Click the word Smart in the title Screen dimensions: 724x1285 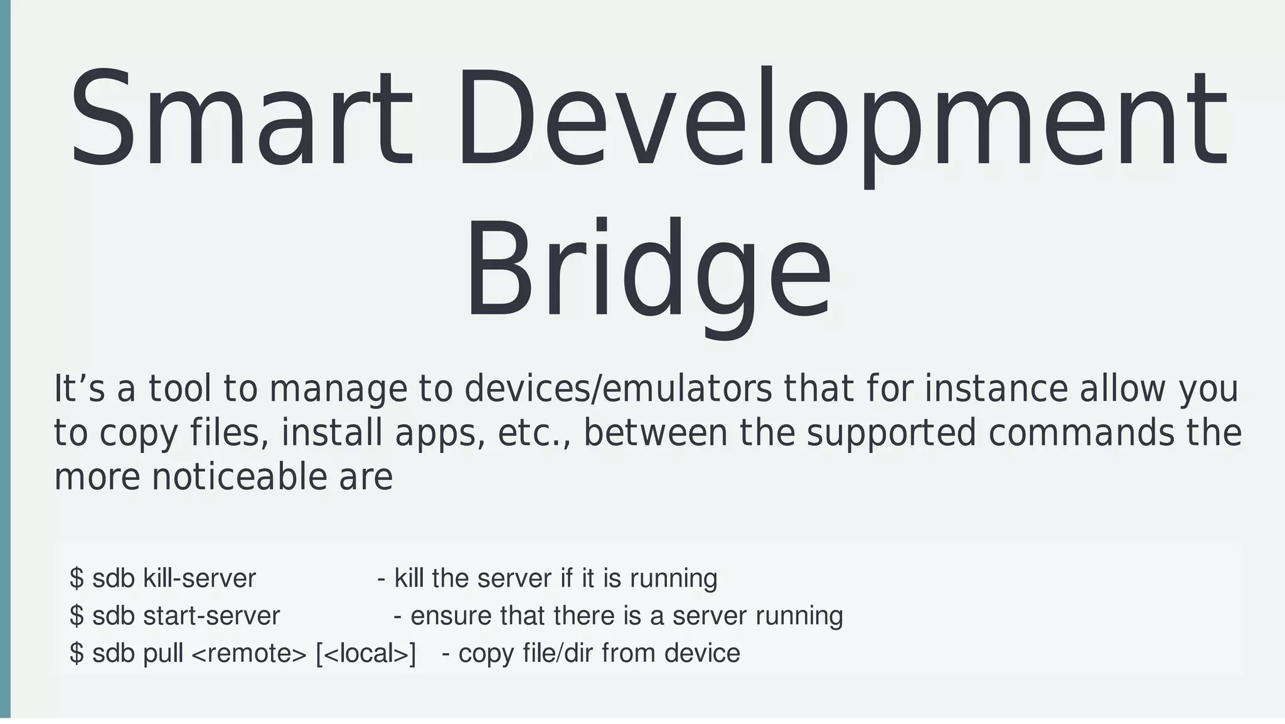(242, 119)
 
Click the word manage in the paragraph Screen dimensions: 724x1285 (339, 389)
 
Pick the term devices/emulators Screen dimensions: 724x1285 (618, 389)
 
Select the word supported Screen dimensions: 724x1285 (892, 433)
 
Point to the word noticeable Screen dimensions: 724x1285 (239, 477)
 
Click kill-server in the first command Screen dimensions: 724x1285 (200, 578)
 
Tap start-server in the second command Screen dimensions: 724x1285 (211, 615)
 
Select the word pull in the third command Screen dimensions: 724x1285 (163, 653)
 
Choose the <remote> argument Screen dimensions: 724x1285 (248, 653)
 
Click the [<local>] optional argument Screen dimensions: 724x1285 (366, 653)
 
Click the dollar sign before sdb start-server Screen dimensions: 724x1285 (77, 615)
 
